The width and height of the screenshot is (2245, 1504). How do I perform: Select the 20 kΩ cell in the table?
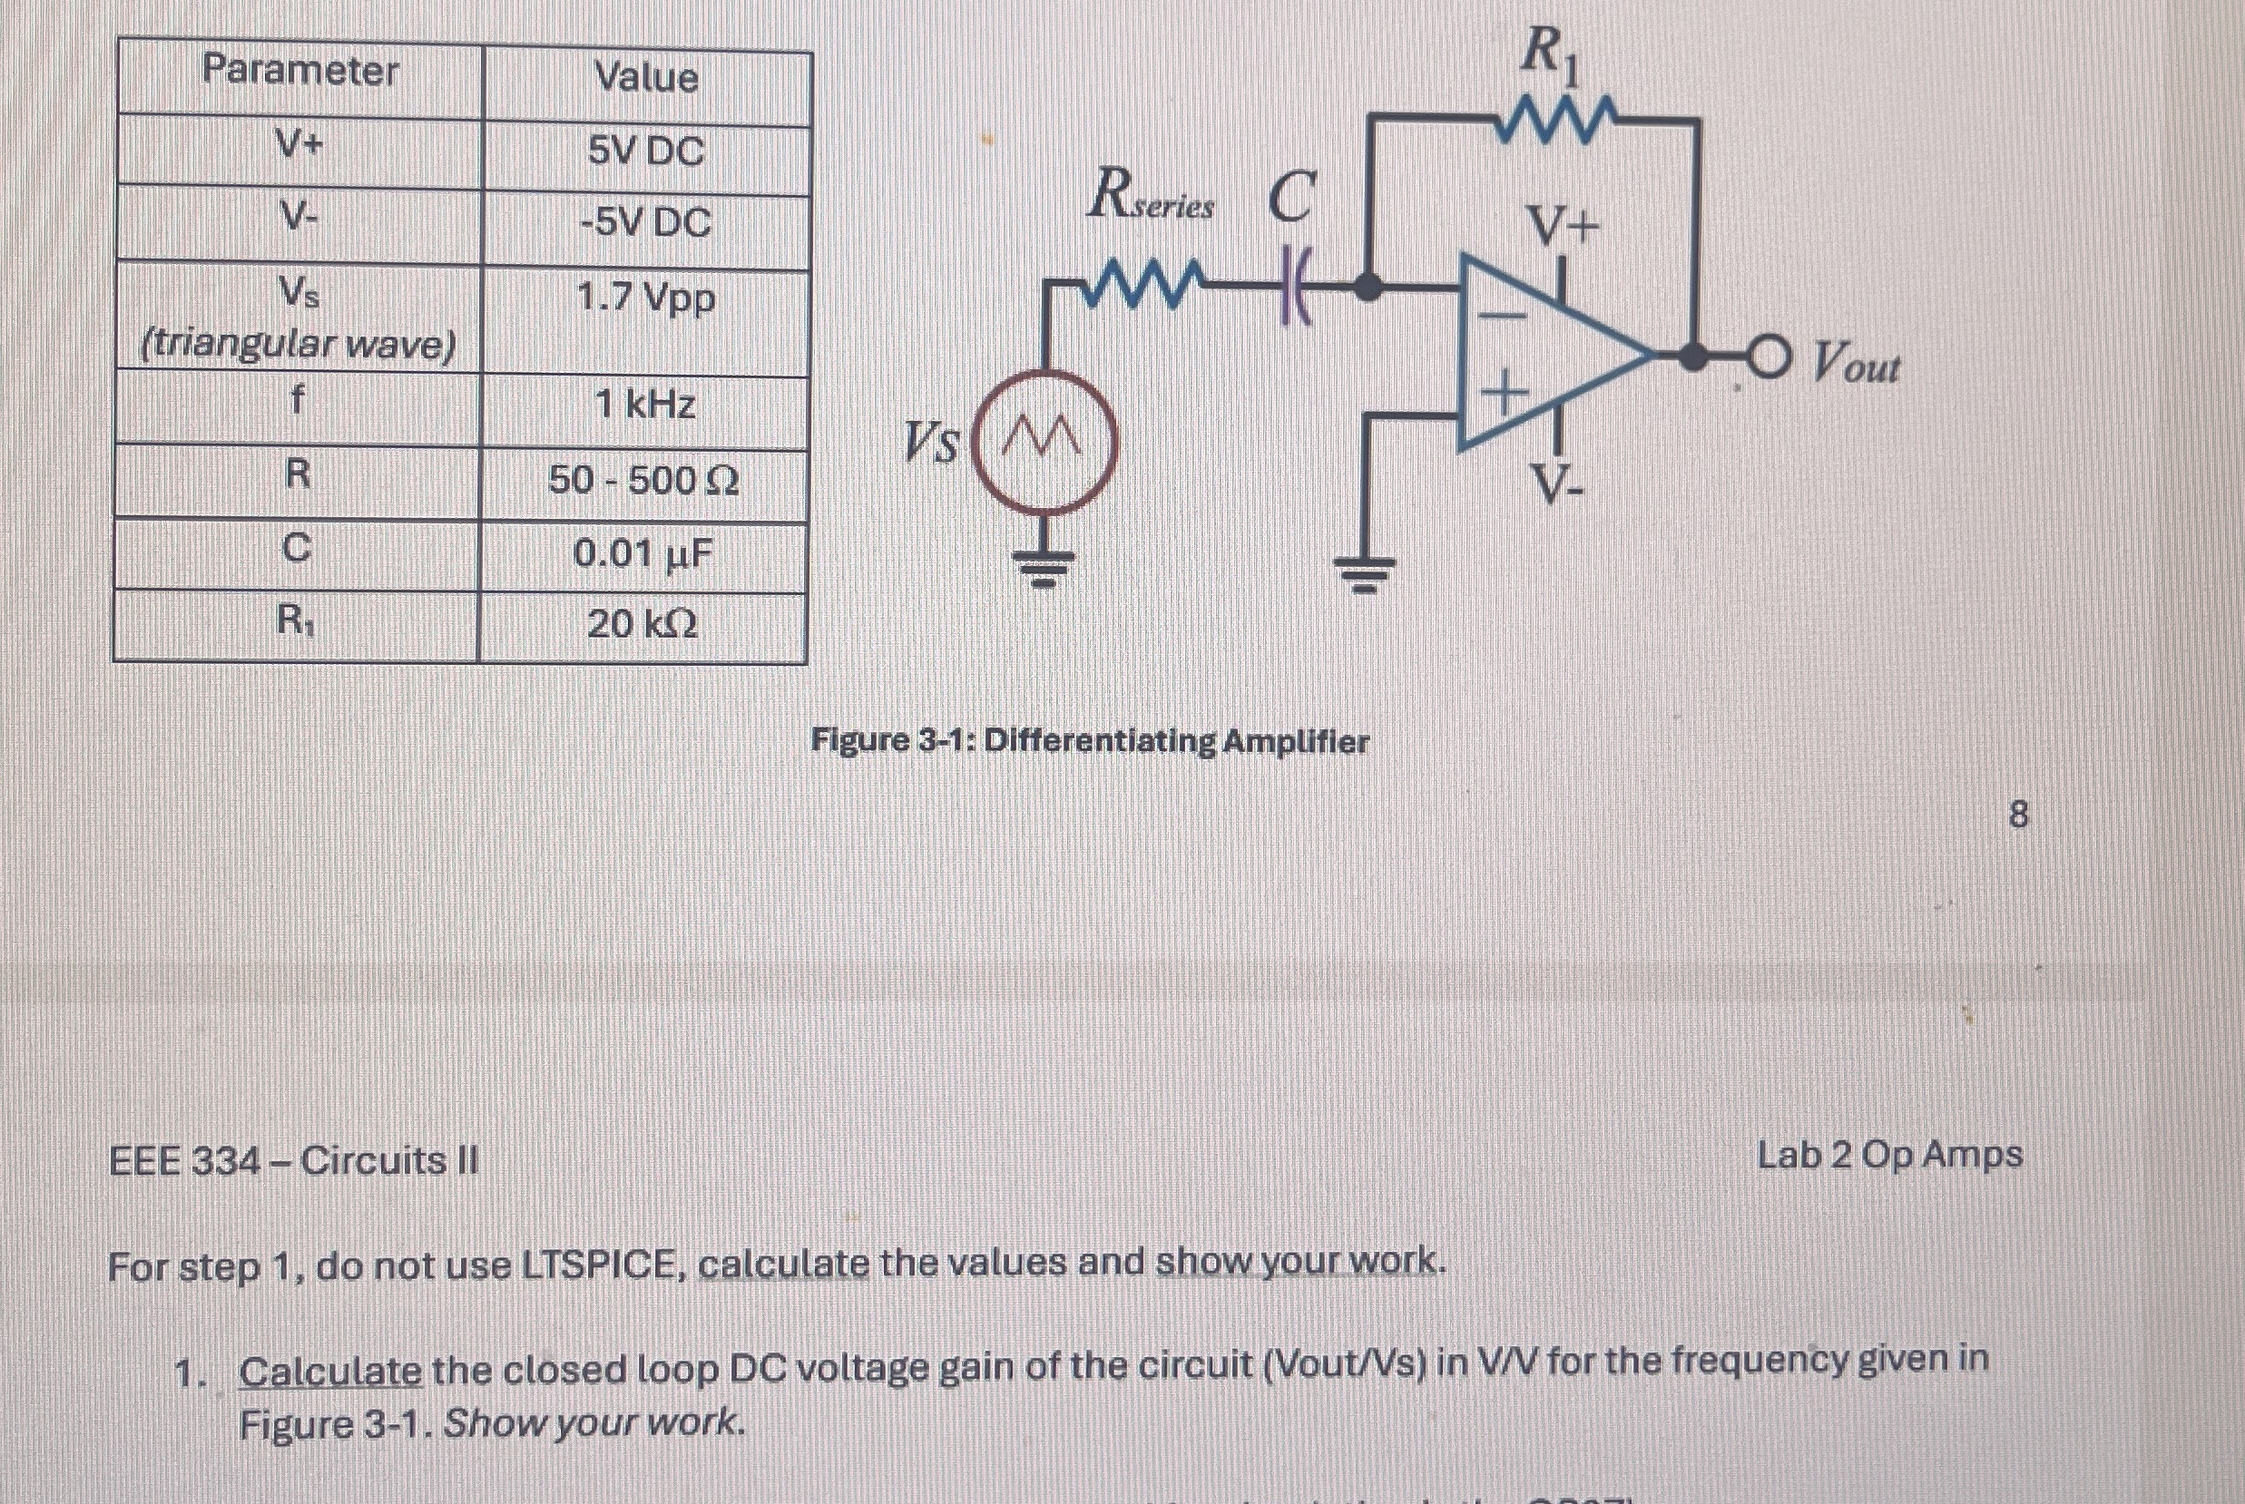coord(642,624)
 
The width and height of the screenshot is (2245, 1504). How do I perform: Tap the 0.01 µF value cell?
coord(642,553)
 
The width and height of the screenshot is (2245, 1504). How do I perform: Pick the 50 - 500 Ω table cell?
coord(642,480)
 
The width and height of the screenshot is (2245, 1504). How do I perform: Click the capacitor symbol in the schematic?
coord(1295,287)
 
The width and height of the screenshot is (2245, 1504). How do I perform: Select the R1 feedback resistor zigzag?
coord(1555,120)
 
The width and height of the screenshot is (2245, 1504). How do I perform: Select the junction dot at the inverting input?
coord(1367,286)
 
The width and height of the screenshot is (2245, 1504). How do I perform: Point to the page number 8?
coord(2018,815)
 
